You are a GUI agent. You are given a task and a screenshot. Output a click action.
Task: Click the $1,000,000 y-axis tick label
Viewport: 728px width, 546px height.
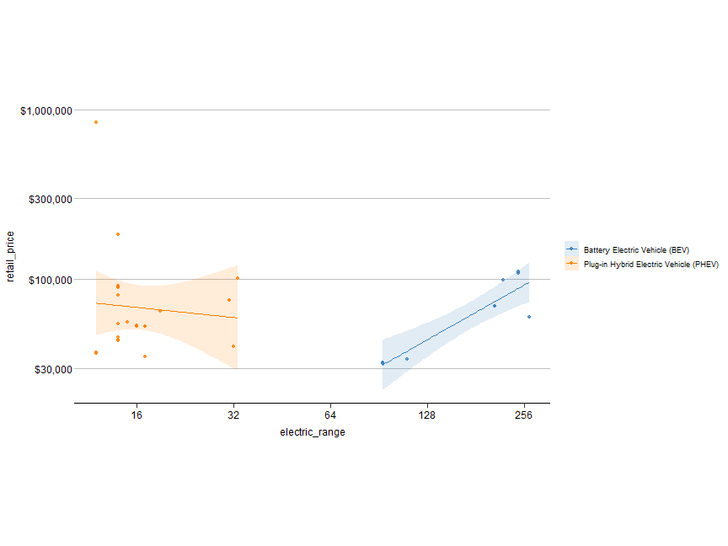45,110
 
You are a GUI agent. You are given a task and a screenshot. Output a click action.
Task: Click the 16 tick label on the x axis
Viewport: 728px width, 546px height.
136,415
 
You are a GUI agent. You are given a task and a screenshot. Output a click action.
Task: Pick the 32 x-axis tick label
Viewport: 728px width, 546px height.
233,415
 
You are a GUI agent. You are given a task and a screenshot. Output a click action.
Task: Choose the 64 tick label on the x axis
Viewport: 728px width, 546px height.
330,415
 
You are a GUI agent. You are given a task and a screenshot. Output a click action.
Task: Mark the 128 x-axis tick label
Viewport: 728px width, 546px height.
427,415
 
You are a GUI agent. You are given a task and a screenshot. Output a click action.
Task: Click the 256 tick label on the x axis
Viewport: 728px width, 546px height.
524,415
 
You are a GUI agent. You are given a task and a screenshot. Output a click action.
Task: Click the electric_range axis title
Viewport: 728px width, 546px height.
313,432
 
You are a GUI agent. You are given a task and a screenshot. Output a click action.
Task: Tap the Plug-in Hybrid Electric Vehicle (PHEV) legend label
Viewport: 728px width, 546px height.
651,264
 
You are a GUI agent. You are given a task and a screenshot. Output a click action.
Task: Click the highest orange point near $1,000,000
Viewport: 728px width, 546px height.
96,122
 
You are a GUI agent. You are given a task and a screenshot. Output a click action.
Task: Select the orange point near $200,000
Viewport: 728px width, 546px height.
118,234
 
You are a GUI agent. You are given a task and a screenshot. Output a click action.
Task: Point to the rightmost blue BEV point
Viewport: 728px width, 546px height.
529,317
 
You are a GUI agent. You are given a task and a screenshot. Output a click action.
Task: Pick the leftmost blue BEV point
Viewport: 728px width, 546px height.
383,363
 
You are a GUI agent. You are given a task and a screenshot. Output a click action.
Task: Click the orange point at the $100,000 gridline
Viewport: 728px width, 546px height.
238,278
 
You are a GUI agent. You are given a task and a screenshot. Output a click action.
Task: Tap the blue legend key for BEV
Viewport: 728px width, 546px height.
572,249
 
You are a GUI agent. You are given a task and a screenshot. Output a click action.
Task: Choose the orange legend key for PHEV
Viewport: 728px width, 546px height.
572,264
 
